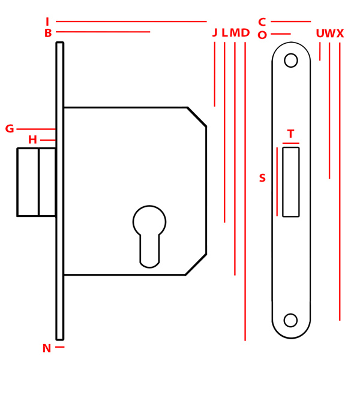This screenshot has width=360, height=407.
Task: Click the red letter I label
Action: pos(47,22)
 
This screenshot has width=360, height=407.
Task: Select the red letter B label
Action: pos(48,33)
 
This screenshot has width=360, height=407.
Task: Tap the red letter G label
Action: pos(10,129)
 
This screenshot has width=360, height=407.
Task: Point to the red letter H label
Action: pos(32,140)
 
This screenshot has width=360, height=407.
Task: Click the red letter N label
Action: pos(47,348)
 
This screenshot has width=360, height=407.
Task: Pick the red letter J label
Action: pos(215,33)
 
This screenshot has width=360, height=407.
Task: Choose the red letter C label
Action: pos(262,22)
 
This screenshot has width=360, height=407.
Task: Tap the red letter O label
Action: pos(262,35)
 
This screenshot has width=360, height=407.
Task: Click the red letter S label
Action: pos(262,178)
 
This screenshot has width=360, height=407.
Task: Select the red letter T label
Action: pos(290,134)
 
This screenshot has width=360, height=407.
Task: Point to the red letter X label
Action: pos(340,34)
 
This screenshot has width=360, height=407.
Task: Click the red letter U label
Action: pos(320,34)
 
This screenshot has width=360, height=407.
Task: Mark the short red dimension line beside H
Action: pos(48,140)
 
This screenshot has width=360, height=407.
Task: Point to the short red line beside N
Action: pos(60,347)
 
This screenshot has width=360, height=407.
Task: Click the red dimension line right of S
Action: pos(277,182)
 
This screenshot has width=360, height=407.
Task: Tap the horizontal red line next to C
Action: pos(291,22)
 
